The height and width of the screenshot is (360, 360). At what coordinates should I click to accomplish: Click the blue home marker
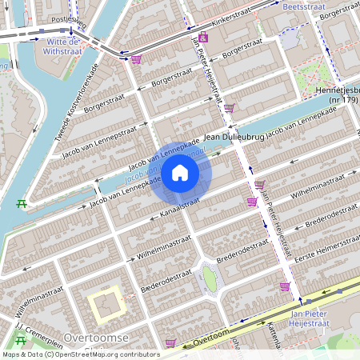[x=180, y=173]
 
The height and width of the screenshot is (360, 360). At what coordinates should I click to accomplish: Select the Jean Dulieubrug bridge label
[x=234, y=138]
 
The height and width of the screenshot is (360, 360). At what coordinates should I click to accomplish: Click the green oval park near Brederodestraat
[x=209, y=278]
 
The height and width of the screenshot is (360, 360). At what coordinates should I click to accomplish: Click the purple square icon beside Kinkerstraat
[x=204, y=38]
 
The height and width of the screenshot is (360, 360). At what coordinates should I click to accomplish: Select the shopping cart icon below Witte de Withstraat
[x=136, y=58]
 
